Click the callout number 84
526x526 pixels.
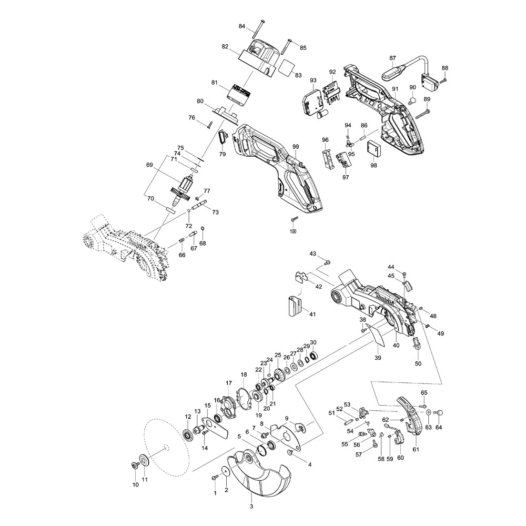tap(242, 26)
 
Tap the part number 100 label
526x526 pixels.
tap(293, 231)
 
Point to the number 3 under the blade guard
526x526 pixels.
tap(251, 507)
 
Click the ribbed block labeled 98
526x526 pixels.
tap(375, 149)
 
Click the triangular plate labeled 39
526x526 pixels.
tap(378, 335)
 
